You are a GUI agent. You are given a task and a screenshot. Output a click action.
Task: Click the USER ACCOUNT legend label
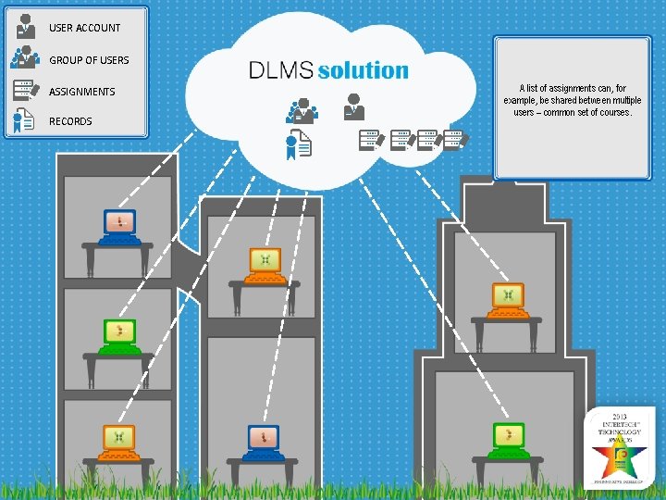tap(84, 28)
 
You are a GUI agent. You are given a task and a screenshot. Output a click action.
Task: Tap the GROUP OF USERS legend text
tap(89, 60)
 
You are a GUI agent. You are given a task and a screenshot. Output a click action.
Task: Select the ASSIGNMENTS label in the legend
tap(81, 92)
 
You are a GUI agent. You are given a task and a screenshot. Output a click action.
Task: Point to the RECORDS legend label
tap(70, 121)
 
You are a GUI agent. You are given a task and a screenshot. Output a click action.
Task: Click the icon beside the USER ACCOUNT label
tap(25, 27)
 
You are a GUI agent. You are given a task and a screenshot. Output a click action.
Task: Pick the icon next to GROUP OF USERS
tap(24, 58)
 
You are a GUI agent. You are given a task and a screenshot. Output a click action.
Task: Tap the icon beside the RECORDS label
tap(25, 121)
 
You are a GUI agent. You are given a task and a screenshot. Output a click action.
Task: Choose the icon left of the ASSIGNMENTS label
tap(25, 91)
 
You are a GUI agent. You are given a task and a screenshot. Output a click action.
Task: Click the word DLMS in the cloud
tap(280, 70)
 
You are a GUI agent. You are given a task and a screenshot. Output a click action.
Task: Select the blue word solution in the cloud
tap(363, 70)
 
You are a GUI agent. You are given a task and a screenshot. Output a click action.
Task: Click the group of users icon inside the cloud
tap(301, 110)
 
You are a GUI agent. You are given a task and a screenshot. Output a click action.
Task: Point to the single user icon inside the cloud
tap(353, 106)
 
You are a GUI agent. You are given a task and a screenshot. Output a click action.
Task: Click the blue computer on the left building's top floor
tap(118, 225)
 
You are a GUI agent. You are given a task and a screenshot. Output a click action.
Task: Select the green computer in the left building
tap(119, 336)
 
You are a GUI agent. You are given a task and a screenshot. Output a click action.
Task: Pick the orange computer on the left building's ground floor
tap(118, 441)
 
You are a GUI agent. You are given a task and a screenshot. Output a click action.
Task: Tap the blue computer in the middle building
tap(264, 441)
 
